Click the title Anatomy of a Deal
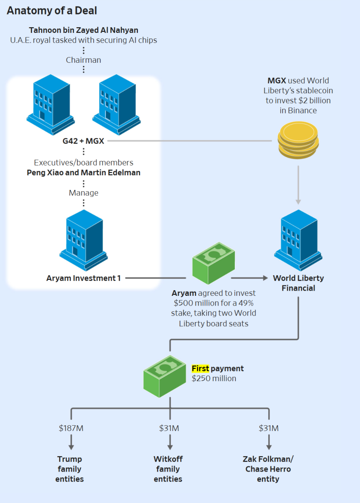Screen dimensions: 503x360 pyautogui.click(x=52, y=10)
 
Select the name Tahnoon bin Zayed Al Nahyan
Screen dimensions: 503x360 pyautogui.click(x=83, y=30)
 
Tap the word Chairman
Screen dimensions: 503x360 pyautogui.click(x=83, y=60)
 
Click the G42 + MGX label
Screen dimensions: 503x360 pyautogui.click(x=83, y=141)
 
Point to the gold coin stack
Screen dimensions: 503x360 pyautogui.click(x=298, y=139)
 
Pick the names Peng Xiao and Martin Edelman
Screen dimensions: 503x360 pyautogui.click(x=83, y=173)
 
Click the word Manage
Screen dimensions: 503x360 pyautogui.click(x=83, y=193)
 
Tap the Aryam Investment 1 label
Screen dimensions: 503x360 pyautogui.click(x=83, y=278)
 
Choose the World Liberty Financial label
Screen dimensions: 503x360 pyautogui.click(x=299, y=283)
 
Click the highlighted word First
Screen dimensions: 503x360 pyautogui.click(x=201, y=368)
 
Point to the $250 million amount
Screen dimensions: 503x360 pyautogui.click(x=214, y=379)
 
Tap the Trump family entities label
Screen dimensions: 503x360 pyautogui.click(x=69, y=469)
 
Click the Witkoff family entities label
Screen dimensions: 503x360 pyautogui.click(x=168, y=469)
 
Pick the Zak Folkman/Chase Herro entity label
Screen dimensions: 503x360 pyautogui.click(x=268, y=469)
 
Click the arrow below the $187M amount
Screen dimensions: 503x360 pyautogui.click(x=71, y=442)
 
